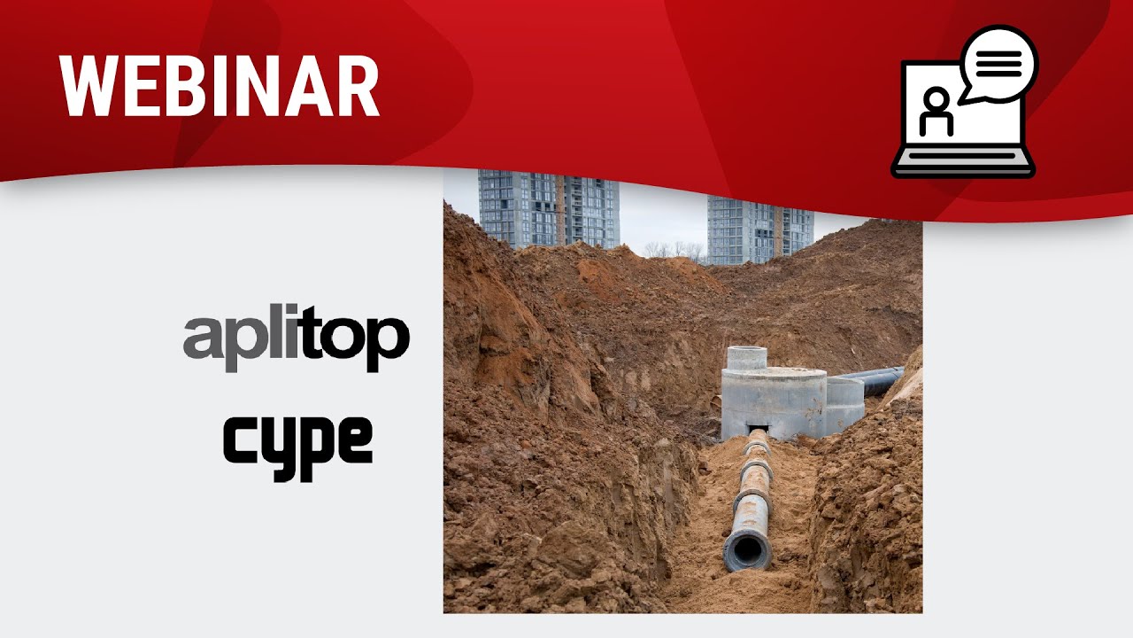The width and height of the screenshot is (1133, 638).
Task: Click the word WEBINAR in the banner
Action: (x=219, y=86)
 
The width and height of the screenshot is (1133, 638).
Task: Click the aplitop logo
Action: (x=297, y=338)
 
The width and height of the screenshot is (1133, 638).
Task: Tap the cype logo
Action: (x=298, y=448)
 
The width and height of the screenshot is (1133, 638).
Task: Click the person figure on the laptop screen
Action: (x=936, y=113)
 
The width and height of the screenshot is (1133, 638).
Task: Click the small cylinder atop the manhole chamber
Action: (x=747, y=357)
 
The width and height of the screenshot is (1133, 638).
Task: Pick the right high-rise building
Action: (x=760, y=231)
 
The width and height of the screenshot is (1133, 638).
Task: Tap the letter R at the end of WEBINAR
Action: (x=359, y=86)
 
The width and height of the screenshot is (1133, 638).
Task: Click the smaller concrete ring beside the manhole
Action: (x=844, y=404)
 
